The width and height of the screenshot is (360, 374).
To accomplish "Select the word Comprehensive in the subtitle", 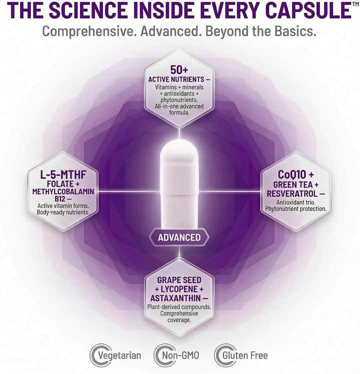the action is (x=89, y=31).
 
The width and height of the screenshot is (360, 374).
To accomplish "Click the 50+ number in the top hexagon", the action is (x=179, y=69).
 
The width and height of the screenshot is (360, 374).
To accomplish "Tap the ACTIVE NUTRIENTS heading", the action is (x=176, y=79).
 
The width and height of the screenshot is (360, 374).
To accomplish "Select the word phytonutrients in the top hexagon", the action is (x=179, y=100).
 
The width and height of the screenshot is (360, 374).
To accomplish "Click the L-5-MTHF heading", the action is (x=63, y=175).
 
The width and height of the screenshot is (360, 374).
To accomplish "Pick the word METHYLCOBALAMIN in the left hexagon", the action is (x=63, y=191).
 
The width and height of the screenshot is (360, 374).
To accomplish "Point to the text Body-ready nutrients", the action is (x=63, y=212).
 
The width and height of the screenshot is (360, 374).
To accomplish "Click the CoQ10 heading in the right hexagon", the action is (x=292, y=174).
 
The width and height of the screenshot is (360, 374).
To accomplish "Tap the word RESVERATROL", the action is (x=292, y=193).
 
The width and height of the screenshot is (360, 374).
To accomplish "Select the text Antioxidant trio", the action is (x=296, y=202).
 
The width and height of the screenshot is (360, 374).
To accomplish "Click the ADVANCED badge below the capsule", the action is (x=179, y=237).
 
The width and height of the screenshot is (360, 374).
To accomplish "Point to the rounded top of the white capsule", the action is (x=179, y=146).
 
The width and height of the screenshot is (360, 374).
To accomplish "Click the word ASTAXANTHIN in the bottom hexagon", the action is (x=175, y=298).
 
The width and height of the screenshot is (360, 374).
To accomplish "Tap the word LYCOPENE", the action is (x=179, y=289).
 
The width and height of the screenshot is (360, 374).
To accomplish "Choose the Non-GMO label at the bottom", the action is (x=180, y=355).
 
